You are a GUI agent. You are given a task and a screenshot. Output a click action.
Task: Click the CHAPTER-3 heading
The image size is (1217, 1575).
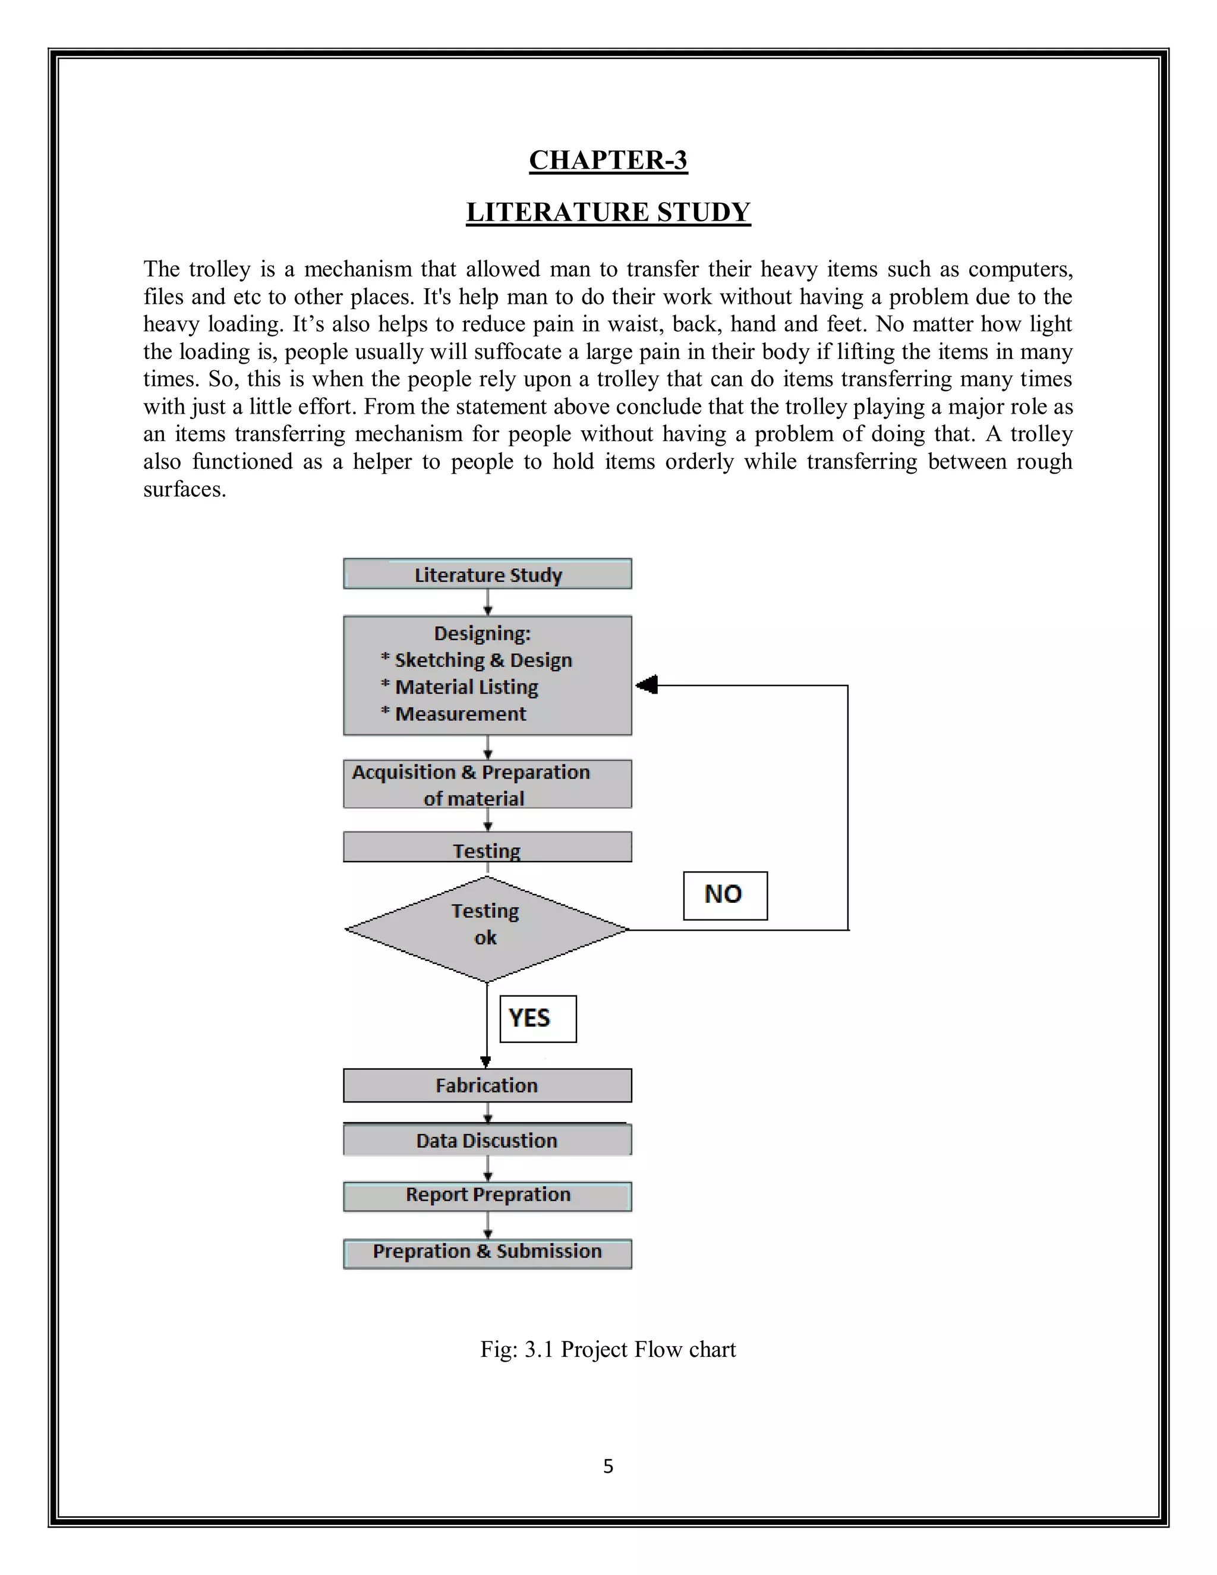pyautogui.click(x=608, y=160)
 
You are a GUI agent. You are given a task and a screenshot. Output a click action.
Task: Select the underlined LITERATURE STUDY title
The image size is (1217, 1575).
pyautogui.click(x=608, y=212)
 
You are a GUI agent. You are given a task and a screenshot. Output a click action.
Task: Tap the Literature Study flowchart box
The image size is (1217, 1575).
pyautogui.click(x=487, y=575)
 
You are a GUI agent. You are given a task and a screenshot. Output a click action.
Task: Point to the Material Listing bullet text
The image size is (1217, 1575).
pyautogui.click(x=466, y=687)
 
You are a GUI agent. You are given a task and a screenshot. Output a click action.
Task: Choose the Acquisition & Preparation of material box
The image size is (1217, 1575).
pyautogui.click(x=487, y=785)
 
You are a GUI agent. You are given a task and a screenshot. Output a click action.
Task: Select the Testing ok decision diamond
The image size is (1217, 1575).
pyautogui.click(x=487, y=929)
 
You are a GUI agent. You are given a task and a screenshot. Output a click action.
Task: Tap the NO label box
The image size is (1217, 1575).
pyautogui.click(x=724, y=896)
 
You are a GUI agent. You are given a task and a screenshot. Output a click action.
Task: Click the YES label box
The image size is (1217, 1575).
pyautogui.click(x=538, y=1018)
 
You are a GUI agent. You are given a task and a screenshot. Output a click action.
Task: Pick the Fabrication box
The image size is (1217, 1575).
pyautogui.click(x=487, y=1085)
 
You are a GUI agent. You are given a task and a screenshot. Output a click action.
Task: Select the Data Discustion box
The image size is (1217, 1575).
pyautogui.click(x=487, y=1140)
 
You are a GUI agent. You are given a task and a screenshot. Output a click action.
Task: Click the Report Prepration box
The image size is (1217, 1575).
pyautogui.click(x=487, y=1195)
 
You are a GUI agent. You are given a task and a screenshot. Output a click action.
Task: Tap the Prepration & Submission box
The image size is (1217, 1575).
pyautogui.click(x=487, y=1252)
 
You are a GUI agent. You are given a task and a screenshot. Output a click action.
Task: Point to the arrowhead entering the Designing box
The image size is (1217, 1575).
pyautogui.click(x=647, y=685)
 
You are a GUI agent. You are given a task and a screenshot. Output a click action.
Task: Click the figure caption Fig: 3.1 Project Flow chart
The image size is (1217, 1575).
pyautogui.click(x=608, y=1349)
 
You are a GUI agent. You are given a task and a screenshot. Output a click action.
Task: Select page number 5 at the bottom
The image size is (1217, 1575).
pyautogui.click(x=608, y=1466)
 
